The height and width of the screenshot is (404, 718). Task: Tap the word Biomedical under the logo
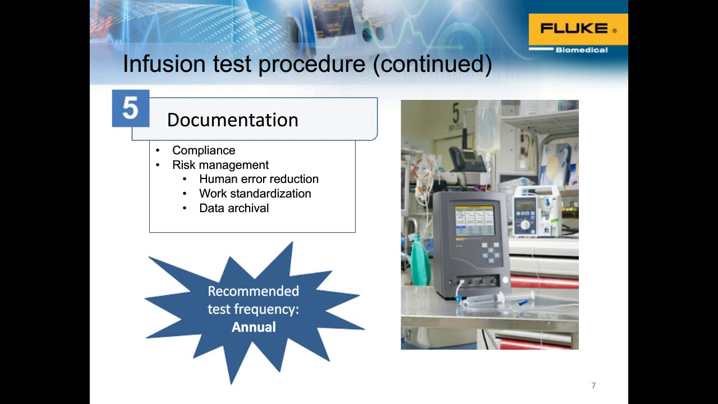tap(581, 50)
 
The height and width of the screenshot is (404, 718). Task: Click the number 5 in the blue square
tap(130, 108)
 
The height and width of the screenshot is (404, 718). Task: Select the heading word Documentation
tap(232, 120)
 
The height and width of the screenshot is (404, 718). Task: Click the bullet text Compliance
tap(204, 150)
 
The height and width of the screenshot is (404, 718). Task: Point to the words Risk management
tap(220, 165)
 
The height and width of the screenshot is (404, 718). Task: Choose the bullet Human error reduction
tap(259, 179)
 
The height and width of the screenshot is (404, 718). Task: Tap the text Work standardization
tap(255, 194)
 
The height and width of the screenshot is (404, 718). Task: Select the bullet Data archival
tap(234, 208)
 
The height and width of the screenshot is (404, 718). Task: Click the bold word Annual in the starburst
tap(254, 327)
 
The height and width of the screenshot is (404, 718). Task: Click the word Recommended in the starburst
tap(253, 291)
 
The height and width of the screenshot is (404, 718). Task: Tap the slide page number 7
tap(593, 385)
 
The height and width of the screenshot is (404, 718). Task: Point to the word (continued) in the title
tap(432, 64)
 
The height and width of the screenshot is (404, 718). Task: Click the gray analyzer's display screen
tap(474, 221)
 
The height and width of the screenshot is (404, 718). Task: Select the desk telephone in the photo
tap(467, 160)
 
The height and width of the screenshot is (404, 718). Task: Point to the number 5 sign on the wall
tap(455, 114)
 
